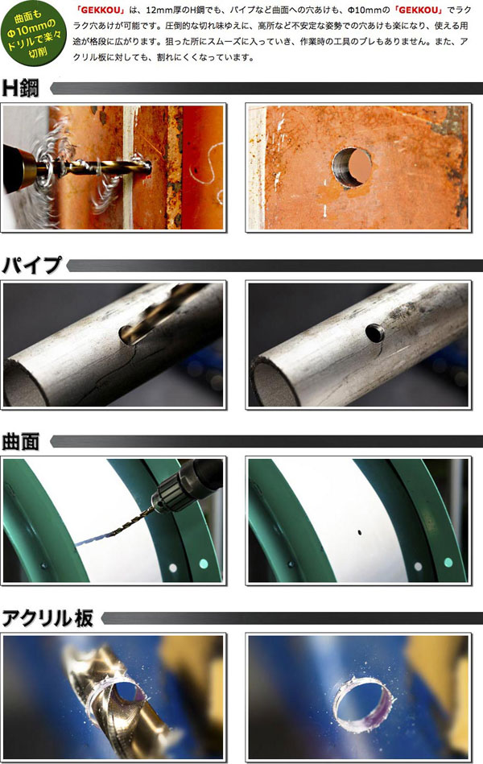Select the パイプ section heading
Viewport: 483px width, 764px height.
tap(33, 264)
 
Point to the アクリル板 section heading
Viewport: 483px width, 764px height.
tap(48, 618)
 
